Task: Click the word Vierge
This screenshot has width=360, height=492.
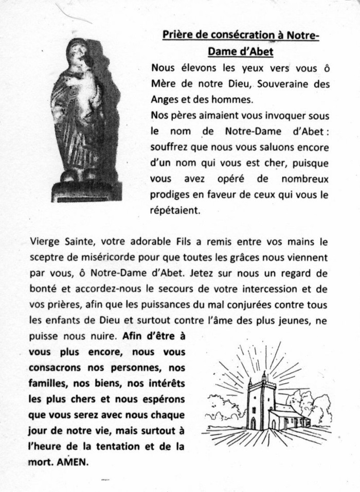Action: tap(44, 241)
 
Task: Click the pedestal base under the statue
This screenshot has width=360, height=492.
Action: tap(86, 191)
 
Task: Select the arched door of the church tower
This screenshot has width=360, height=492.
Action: tap(253, 423)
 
